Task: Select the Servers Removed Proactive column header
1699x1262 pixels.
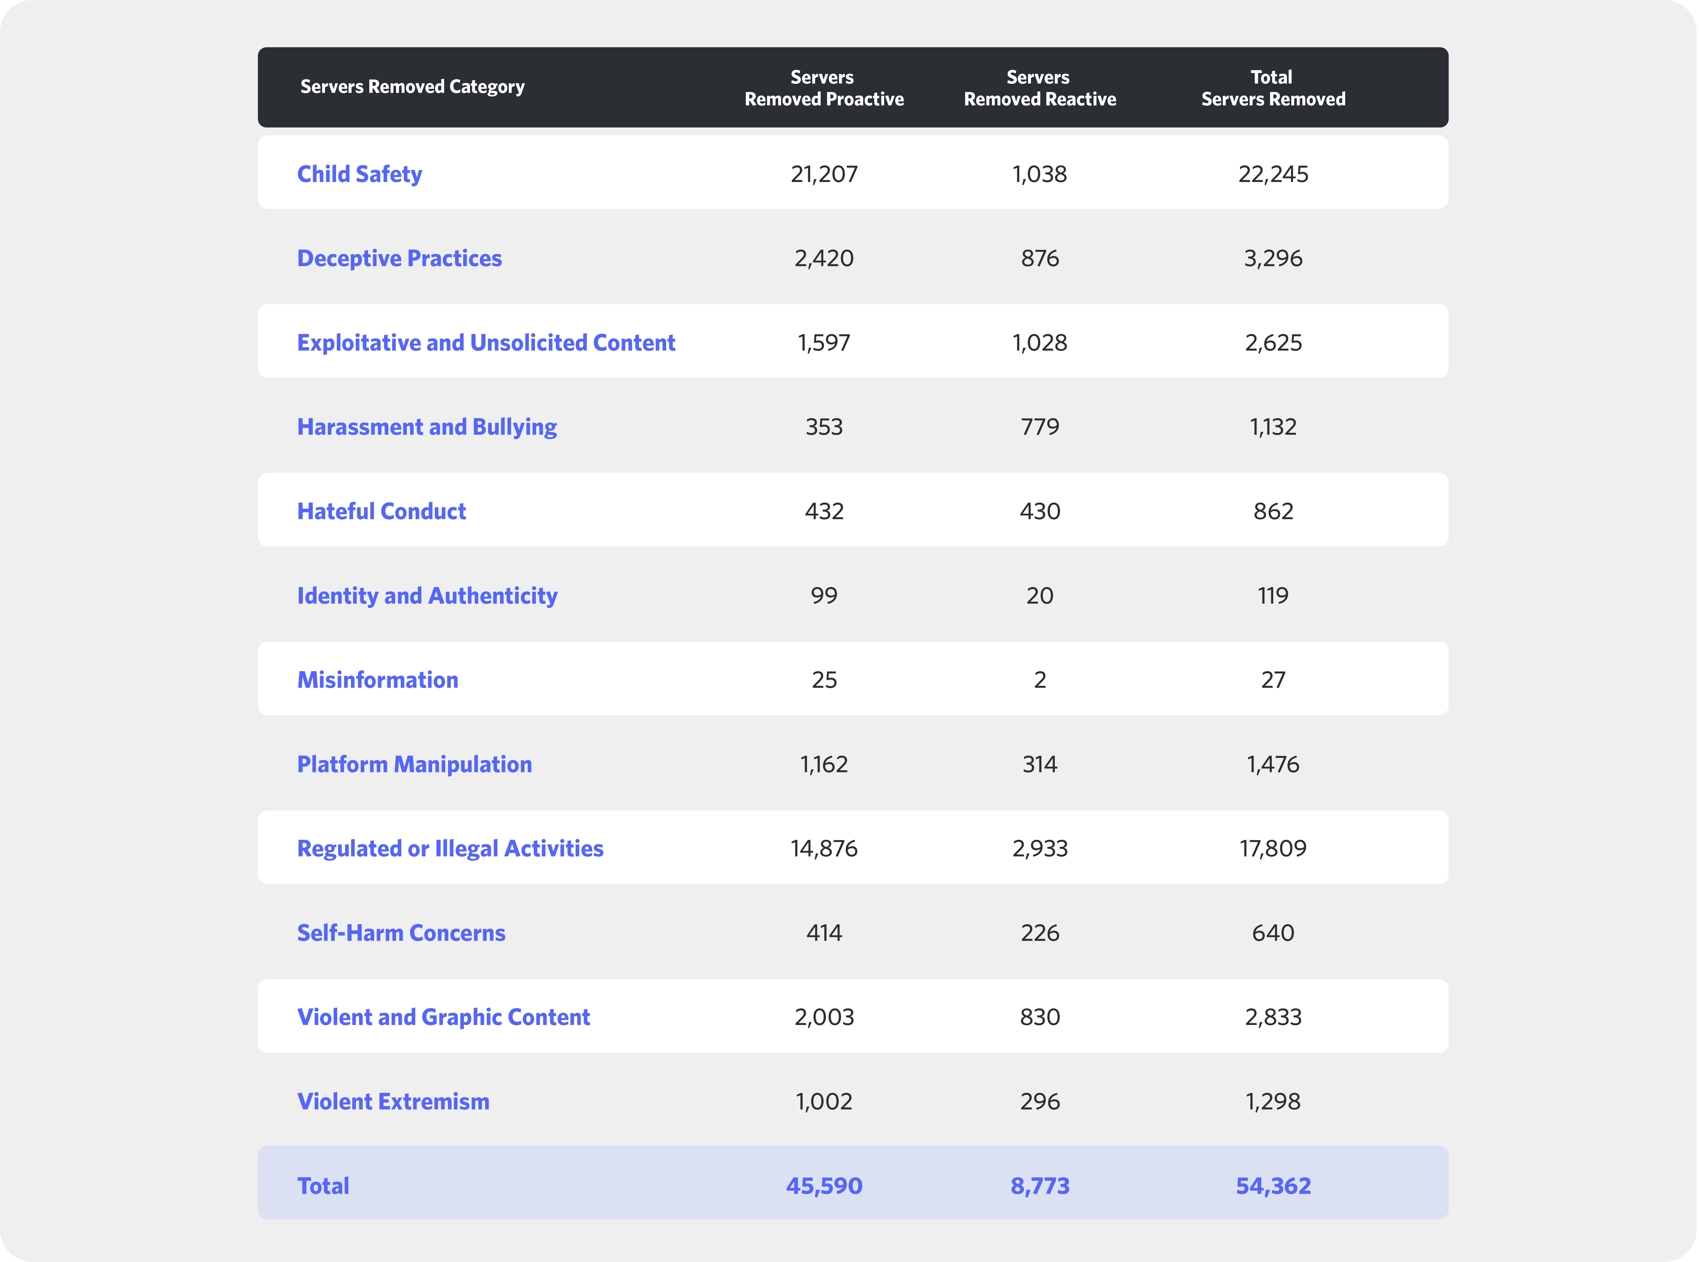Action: (824, 88)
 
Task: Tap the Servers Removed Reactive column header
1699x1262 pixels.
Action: (1039, 88)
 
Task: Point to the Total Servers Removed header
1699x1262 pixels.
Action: (1273, 88)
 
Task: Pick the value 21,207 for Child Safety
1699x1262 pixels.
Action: (824, 174)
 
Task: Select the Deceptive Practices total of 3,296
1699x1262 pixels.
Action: (1273, 258)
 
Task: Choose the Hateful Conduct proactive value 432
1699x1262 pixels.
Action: (824, 511)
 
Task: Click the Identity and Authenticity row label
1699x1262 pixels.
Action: (427, 596)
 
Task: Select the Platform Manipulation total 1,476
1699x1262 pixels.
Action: (1273, 765)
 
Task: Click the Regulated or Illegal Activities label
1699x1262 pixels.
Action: (450, 849)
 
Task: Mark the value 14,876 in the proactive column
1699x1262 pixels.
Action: (824, 849)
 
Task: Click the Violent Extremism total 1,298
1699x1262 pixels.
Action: (1273, 1102)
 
